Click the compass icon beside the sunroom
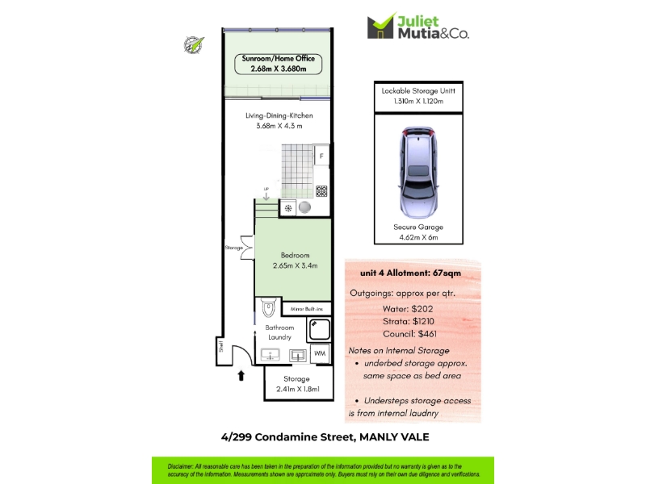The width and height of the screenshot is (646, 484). pos(193,45)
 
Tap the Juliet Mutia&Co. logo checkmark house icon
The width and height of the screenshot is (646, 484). pos(380,26)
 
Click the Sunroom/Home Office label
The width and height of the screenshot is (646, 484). pos(278,64)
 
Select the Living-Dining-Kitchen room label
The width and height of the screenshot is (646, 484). pos(279,120)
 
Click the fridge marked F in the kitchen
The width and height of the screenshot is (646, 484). pos(321,155)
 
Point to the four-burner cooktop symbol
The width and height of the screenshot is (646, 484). pos(321,191)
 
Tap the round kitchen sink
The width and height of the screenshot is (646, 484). pos(305,207)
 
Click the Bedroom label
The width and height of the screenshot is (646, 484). pos(295,260)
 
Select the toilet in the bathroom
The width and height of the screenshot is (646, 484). pos(268,307)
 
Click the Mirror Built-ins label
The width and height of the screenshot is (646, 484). pos(307,309)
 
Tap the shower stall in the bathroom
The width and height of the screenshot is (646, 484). pos(319,329)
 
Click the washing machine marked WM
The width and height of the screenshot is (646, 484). pos(320,353)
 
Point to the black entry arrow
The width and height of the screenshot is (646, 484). pos(241,375)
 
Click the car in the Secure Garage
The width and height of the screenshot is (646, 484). pos(418,172)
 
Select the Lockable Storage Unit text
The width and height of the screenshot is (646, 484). pos(418,96)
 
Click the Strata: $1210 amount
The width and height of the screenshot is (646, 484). pos(409,321)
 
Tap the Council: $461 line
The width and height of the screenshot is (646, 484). pos(409,334)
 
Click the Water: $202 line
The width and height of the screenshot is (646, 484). pos(408,309)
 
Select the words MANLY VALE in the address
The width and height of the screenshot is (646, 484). pos(394,437)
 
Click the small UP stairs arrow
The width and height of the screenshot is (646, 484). pos(266,194)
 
